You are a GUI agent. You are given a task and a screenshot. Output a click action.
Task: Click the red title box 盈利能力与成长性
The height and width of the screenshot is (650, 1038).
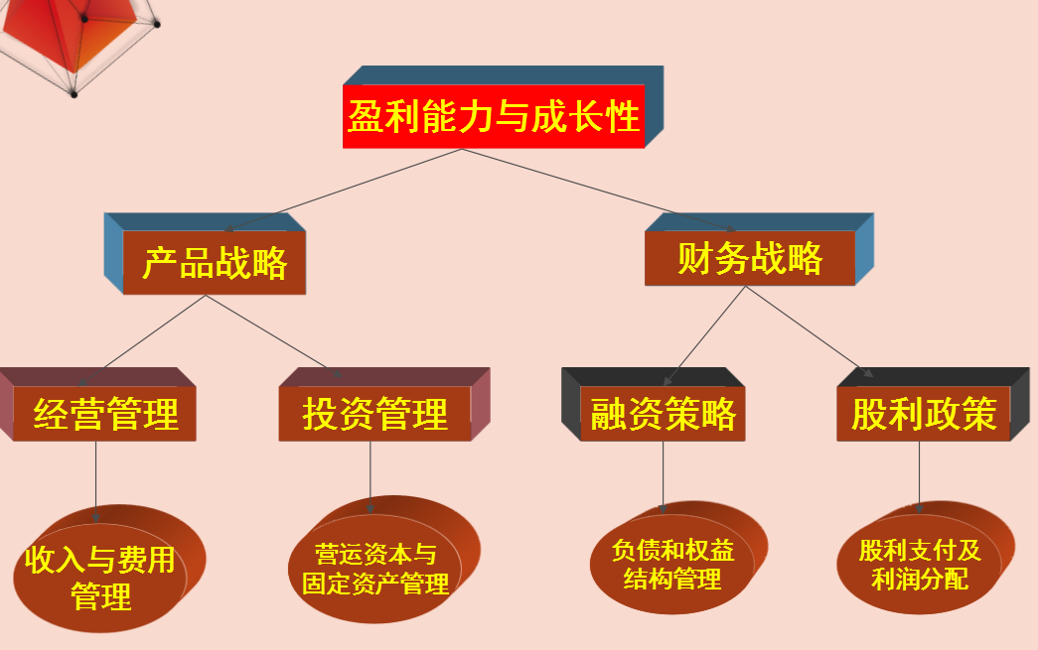coord(494,117)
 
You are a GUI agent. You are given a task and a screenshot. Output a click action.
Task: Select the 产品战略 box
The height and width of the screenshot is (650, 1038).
coord(214,263)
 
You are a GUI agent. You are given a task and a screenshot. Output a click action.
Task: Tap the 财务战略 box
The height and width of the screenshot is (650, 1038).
coord(750,259)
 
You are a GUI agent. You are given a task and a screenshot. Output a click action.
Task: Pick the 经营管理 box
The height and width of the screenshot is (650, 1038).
coord(105,414)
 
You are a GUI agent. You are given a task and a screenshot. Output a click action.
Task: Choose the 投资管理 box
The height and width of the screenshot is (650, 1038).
coord(374,414)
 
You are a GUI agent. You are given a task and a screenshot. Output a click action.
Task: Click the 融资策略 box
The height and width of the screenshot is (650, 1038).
coord(663,414)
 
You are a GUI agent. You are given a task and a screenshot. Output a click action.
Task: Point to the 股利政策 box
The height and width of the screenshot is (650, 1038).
coord(923,414)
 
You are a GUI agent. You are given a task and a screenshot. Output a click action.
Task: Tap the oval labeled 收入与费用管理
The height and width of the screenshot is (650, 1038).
coord(100,578)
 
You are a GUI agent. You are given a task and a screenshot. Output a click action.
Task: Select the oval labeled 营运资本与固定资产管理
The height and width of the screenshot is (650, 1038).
coord(375,569)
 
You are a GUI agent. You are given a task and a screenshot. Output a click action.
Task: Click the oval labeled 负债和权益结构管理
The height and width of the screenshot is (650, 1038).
coord(671,564)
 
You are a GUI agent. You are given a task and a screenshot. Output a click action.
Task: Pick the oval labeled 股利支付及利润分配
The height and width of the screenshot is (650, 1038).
coord(919,564)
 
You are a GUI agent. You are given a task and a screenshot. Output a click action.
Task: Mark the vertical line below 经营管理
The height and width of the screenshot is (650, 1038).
coord(96,476)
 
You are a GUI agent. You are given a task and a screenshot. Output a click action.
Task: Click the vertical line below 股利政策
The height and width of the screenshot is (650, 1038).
coord(919,474)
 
